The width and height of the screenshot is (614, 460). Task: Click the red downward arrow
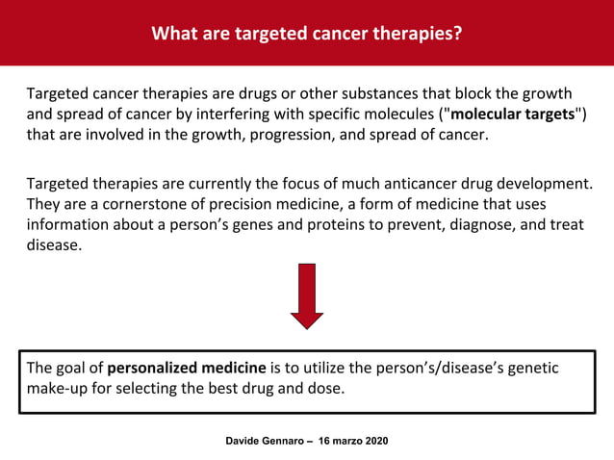pyautogui.click(x=307, y=294)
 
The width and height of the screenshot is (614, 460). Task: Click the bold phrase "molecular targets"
pyautogui.click(x=512, y=115)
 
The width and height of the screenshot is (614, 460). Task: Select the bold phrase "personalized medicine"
pyautogui.click(x=187, y=368)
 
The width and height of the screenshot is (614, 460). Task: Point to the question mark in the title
pyautogui.click(x=457, y=34)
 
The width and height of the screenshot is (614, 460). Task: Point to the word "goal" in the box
pyautogui.click(x=74, y=368)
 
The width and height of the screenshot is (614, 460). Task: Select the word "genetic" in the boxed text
pyautogui.click(x=531, y=368)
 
